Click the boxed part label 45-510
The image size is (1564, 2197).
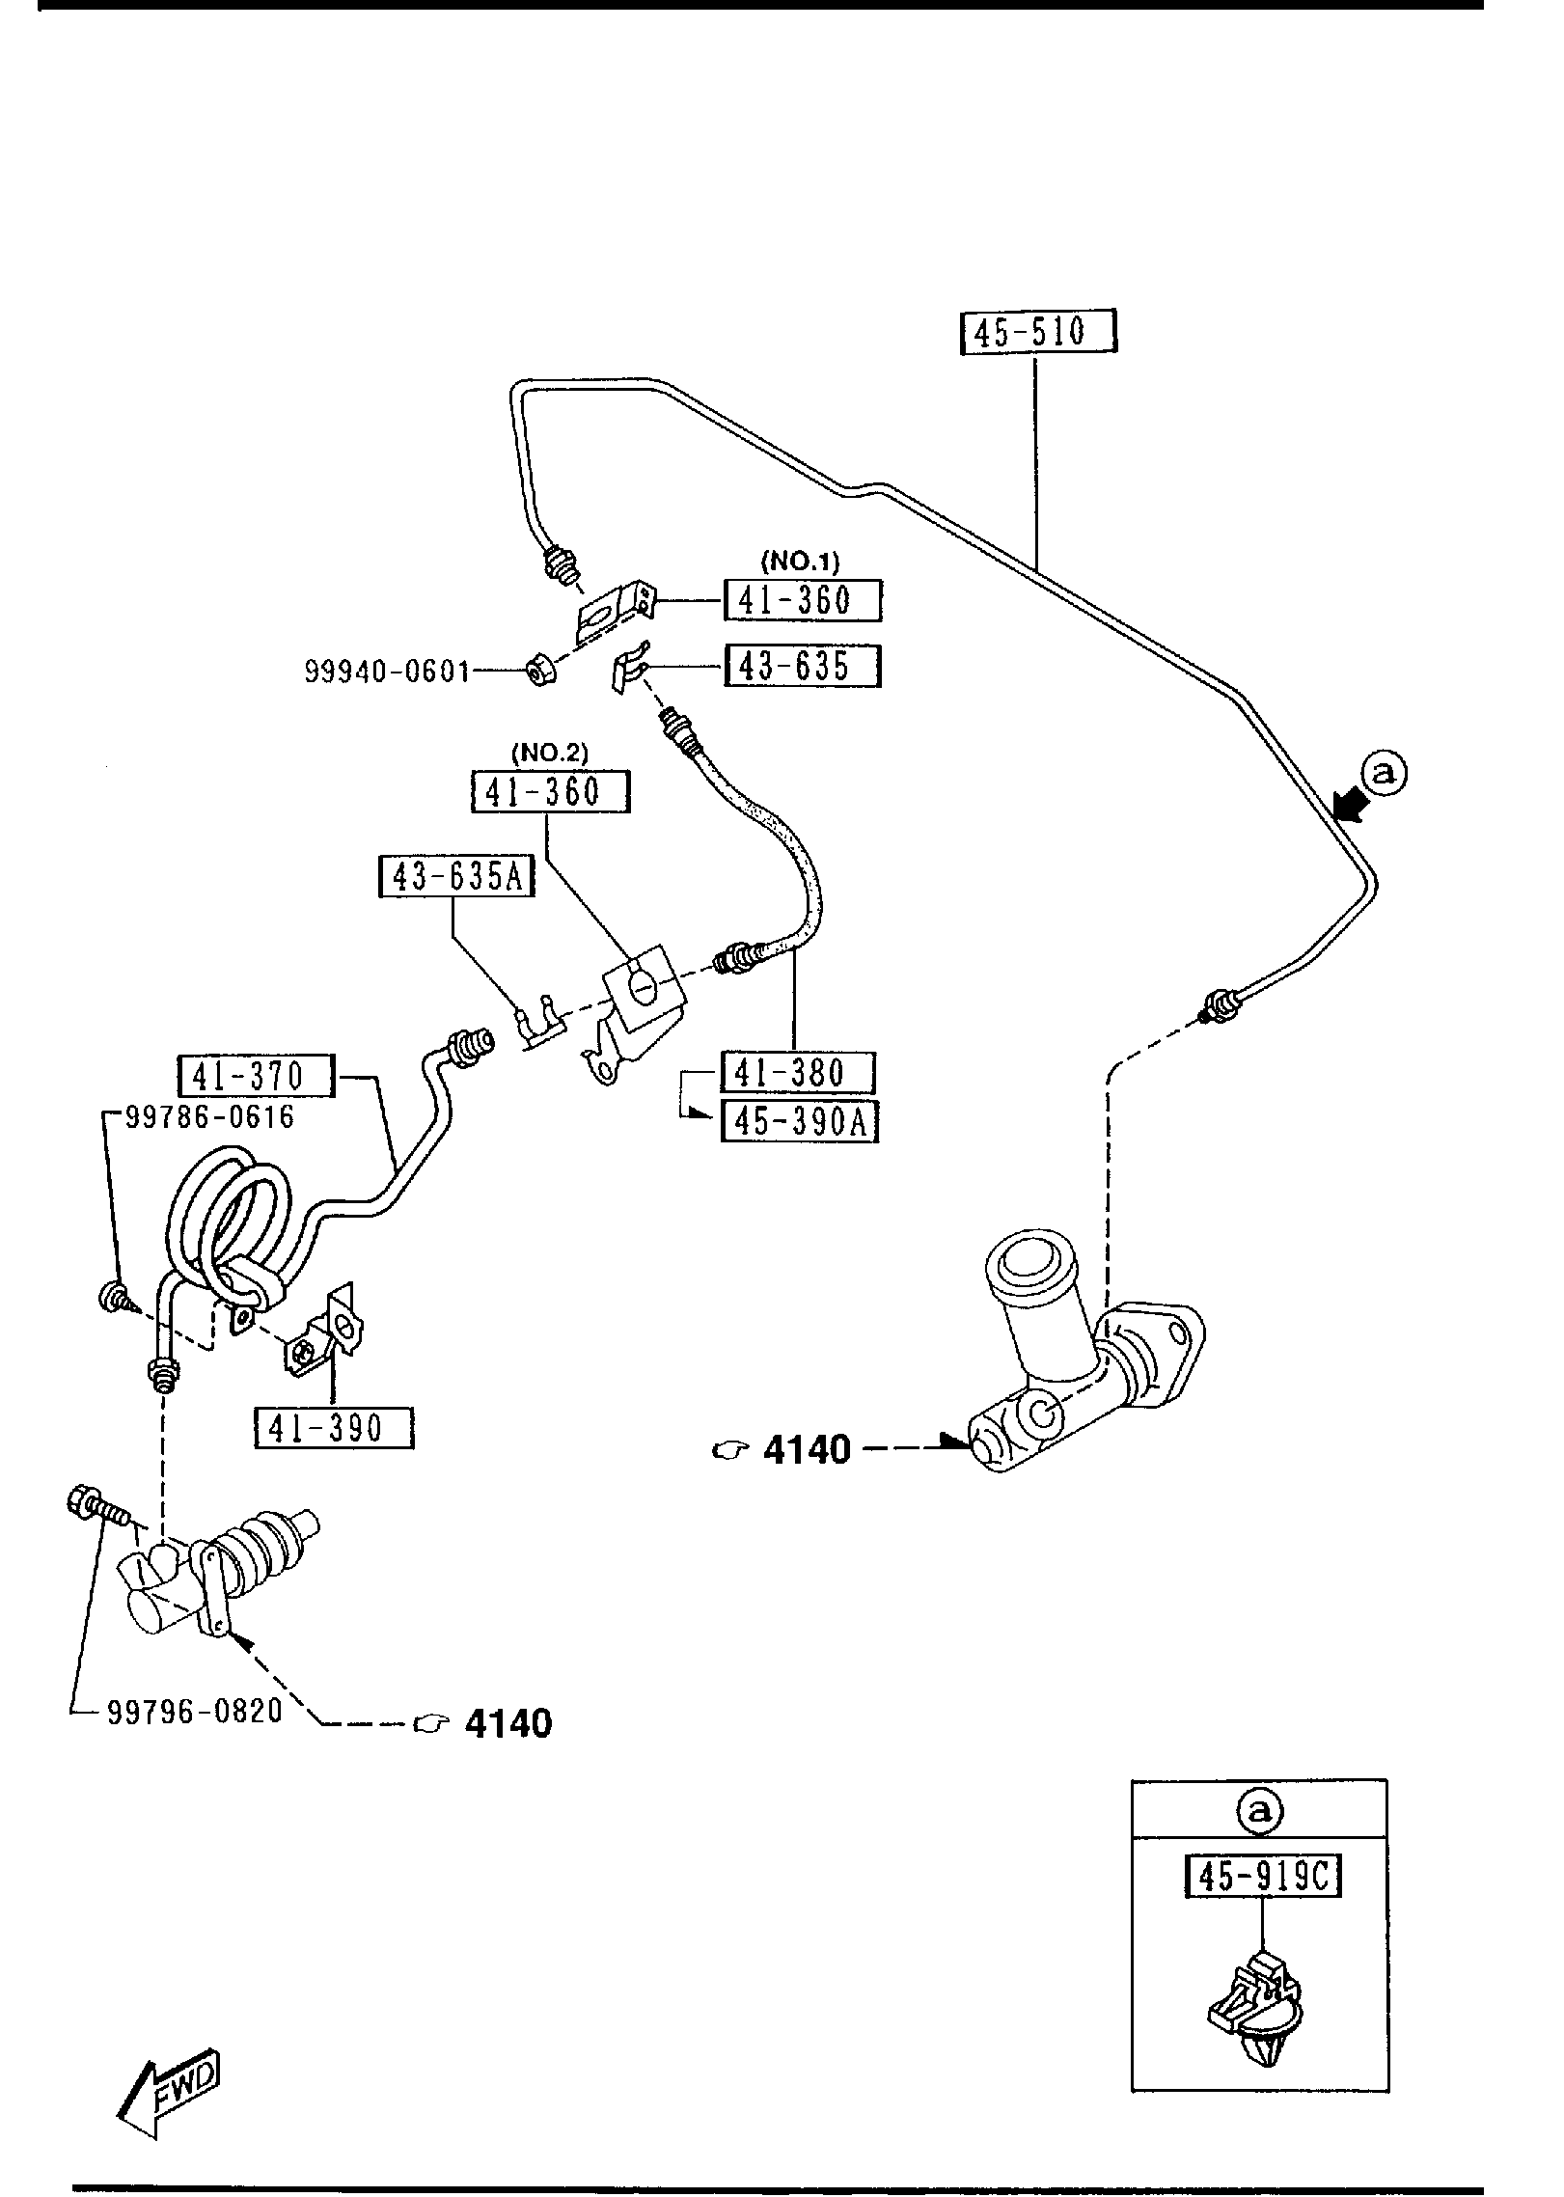(x=1038, y=332)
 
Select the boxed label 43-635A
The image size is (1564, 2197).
(x=456, y=876)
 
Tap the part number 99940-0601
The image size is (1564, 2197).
(x=387, y=671)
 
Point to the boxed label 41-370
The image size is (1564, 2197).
(x=256, y=1076)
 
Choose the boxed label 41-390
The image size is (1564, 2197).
(x=333, y=1427)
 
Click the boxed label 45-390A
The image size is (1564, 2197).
(x=800, y=1122)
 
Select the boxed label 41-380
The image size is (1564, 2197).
(x=798, y=1073)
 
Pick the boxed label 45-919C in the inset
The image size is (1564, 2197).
(x=1262, y=1877)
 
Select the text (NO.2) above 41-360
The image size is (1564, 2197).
(x=549, y=752)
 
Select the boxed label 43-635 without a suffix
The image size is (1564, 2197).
(x=802, y=666)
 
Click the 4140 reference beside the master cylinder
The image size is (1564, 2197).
(x=806, y=1449)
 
